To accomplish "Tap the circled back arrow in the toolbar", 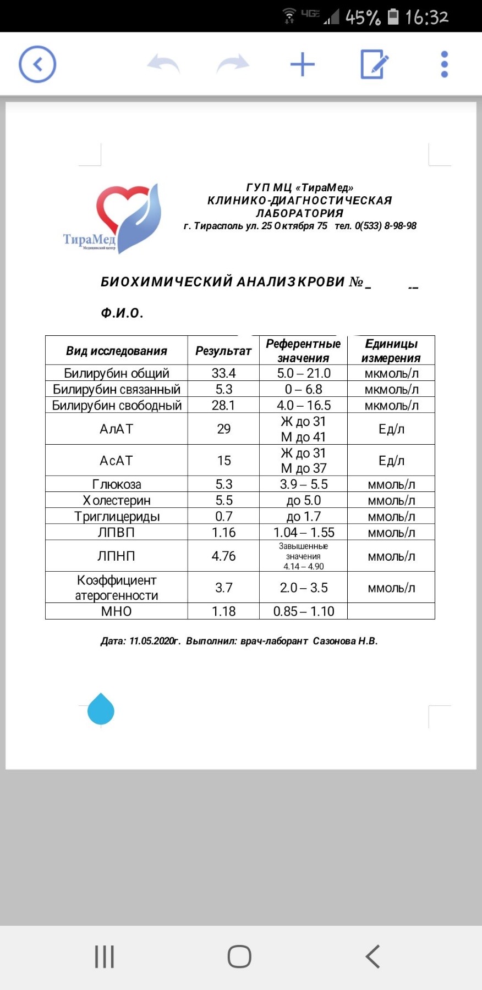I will (37, 64).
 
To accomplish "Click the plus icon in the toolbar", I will (302, 64).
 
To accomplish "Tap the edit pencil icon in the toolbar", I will (374, 64).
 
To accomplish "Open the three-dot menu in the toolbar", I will (445, 64).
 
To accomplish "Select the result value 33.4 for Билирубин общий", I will (223, 373).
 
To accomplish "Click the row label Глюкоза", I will (117, 484).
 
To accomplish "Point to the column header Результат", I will (223, 351).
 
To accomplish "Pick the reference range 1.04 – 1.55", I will (304, 532).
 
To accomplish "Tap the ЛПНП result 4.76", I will (223, 556).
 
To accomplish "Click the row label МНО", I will (117, 611).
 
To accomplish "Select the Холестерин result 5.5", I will (223, 500).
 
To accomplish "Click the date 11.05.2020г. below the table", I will (155, 641).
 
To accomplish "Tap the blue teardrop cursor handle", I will (101, 710).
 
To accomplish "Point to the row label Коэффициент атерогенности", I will (117, 588).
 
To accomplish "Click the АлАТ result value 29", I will (223, 429).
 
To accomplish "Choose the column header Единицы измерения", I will (391, 351).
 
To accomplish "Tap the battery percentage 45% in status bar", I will (363, 17).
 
